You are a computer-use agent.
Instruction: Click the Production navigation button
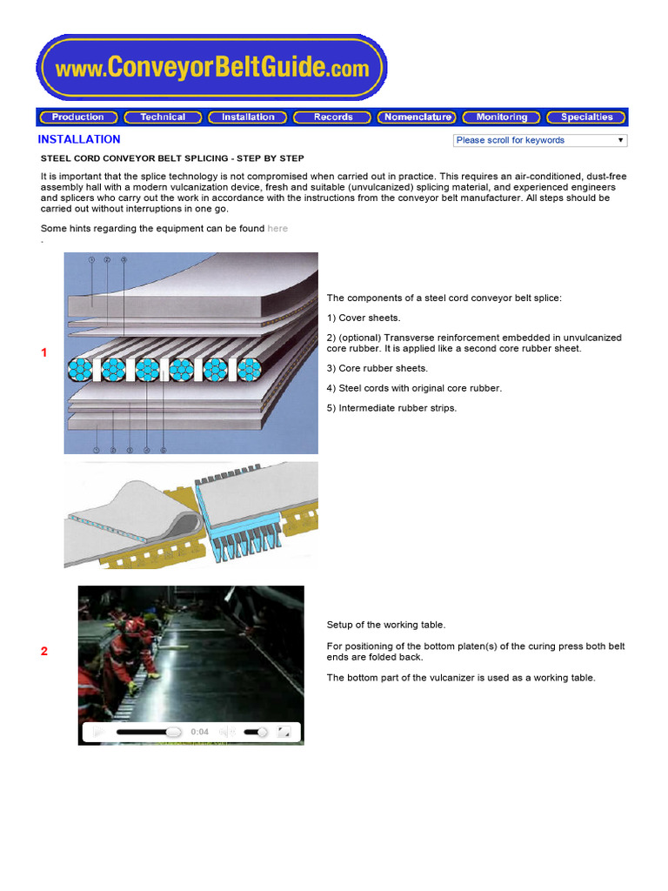point(78,117)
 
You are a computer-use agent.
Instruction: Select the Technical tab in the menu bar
point(163,117)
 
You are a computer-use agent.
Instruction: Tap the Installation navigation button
point(248,117)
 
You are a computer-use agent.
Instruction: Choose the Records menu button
point(333,117)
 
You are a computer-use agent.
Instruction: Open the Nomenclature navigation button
point(417,117)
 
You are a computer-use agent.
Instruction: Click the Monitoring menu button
point(502,117)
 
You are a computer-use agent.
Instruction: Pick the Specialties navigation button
point(587,117)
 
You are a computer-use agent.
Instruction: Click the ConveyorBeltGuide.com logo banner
point(211,68)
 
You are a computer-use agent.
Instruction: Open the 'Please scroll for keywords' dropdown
point(539,140)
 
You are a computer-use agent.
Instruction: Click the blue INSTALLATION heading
point(79,139)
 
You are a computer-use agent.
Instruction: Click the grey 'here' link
point(277,229)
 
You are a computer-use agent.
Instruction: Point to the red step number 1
point(44,352)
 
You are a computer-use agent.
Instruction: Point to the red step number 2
point(44,652)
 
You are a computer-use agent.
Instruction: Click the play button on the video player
point(98,733)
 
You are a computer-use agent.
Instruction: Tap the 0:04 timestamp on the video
point(199,733)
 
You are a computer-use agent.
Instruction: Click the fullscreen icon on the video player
point(284,733)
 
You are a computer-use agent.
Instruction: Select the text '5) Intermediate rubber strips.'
point(391,408)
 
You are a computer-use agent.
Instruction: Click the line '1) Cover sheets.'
point(362,318)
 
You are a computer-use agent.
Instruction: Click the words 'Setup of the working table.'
point(385,625)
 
